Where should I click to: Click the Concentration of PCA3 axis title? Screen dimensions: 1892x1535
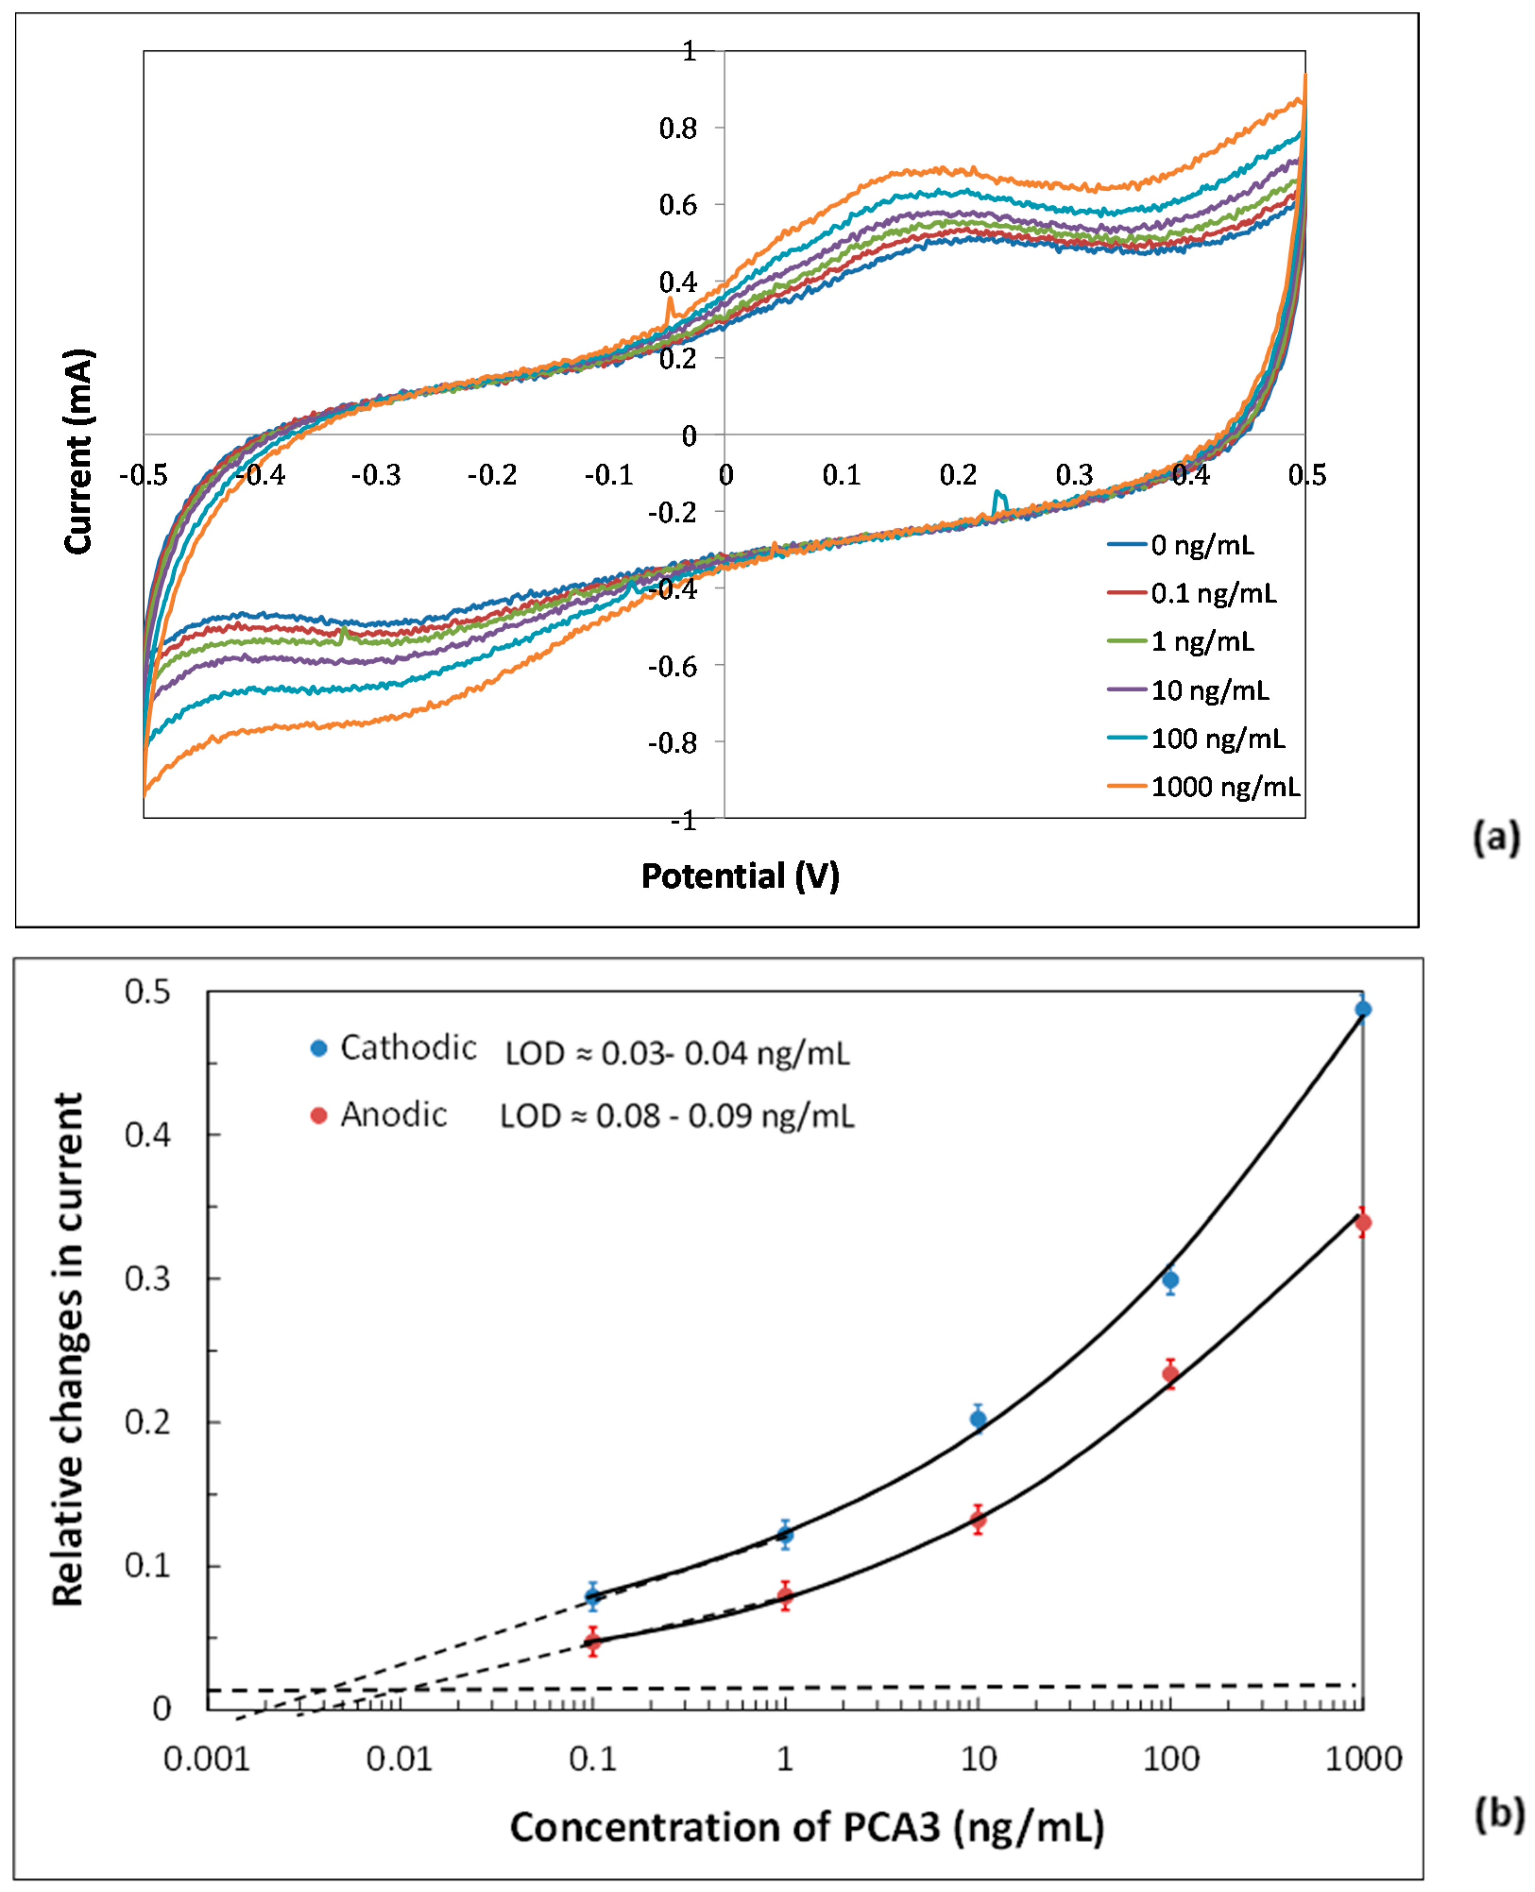[806, 1826]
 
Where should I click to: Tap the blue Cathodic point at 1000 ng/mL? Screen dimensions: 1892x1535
[1363, 1009]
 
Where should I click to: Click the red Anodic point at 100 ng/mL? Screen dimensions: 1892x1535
[1170, 1373]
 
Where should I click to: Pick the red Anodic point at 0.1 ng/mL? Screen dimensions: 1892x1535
[593, 1642]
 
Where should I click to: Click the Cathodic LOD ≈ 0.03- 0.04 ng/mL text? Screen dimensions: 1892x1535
[677, 1053]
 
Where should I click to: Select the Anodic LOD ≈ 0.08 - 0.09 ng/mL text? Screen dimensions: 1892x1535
[677, 1116]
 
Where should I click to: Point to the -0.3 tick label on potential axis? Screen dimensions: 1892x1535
[376, 476]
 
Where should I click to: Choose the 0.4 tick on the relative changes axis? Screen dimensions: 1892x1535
[148, 1134]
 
